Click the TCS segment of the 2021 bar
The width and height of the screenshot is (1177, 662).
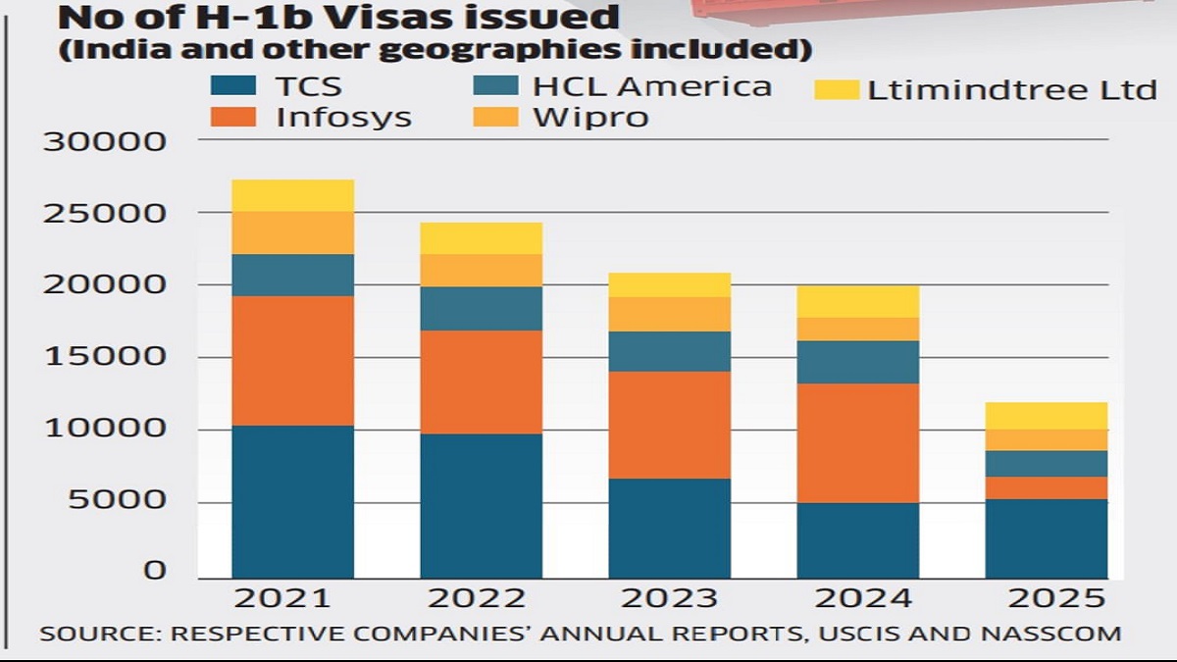pos(292,501)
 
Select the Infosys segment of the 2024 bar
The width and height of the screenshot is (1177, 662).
pos(857,442)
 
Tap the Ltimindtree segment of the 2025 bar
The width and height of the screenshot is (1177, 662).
pos(1046,416)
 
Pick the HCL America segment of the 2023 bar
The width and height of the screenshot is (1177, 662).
pos(669,351)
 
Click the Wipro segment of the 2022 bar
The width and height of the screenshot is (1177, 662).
pos(481,270)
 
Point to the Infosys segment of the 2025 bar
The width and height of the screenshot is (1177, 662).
pos(1046,487)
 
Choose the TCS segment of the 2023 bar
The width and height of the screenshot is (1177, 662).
pos(669,528)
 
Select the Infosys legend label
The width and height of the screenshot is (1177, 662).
pos(343,119)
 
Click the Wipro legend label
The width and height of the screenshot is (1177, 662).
pos(590,119)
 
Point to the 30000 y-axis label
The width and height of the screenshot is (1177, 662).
pos(103,143)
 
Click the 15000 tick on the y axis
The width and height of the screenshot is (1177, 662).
pos(103,357)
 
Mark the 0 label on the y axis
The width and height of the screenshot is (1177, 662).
pos(156,571)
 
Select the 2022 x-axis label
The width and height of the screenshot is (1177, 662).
pos(481,597)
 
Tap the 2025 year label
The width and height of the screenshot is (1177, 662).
pos(1046,597)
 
